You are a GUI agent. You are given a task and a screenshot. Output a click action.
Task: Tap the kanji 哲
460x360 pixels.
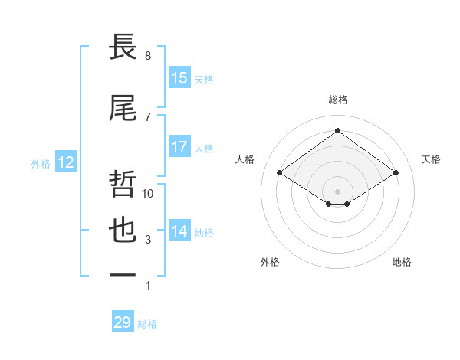click(x=123, y=184)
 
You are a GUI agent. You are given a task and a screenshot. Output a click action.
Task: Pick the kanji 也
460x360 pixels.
click(x=123, y=232)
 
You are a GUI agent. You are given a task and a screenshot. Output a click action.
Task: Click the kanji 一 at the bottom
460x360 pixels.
click(x=123, y=274)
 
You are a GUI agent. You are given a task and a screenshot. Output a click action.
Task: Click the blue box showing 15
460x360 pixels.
click(x=179, y=78)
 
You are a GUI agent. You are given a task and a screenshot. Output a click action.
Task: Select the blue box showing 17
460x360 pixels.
click(x=179, y=147)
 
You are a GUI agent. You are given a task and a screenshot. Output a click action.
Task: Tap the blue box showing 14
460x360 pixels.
click(x=179, y=231)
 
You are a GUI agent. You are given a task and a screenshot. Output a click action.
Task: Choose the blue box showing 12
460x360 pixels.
click(x=65, y=162)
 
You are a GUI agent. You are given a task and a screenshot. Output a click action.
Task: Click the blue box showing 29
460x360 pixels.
click(x=123, y=322)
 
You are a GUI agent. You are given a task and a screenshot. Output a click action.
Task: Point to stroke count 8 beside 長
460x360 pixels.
click(x=148, y=56)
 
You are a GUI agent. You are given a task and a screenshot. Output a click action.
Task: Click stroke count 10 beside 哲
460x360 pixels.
click(x=148, y=194)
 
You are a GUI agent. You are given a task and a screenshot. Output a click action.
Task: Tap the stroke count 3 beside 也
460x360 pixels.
click(x=148, y=240)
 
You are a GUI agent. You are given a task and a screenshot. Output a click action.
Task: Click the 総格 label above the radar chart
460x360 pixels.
click(x=338, y=100)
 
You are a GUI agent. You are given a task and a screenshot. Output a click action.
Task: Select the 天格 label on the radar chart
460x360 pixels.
click(x=432, y=159)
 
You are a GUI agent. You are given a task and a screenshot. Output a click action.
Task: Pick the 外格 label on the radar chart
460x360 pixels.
click(x=270, y=262)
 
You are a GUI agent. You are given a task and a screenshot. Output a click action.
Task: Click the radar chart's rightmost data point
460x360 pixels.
click(x=396, y=173)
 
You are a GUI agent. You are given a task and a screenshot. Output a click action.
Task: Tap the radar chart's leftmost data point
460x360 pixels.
click(x=280, y=173)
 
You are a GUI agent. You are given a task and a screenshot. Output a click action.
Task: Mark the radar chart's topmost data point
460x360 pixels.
click(x=337, y=131)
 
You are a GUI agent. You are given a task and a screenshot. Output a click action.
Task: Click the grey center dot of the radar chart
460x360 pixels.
click(x=337, y=190)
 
